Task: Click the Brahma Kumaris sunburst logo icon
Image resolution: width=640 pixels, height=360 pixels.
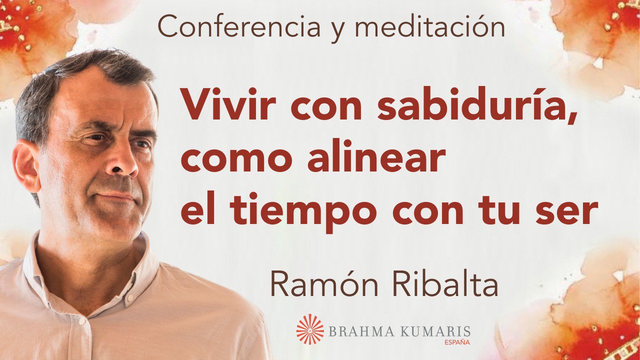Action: pos(310,329)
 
